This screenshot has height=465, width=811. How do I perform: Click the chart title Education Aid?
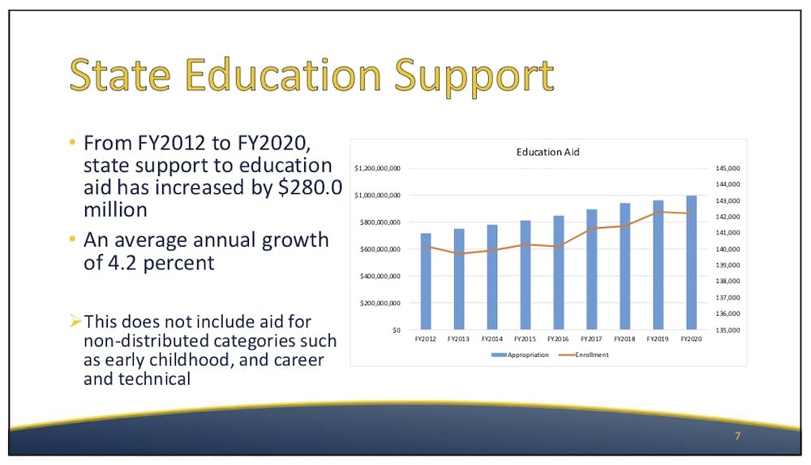click(547, 152)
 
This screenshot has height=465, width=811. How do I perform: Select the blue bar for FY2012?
click(426, 281)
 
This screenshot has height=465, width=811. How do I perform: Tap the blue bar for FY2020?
click(692, 263)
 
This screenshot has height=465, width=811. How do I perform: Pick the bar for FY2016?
click(559, 273)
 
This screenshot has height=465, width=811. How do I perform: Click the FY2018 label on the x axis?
click(624, 338)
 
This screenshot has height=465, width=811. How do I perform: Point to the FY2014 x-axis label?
click(492, 338)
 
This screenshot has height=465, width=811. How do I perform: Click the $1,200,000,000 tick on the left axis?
click(377, 168)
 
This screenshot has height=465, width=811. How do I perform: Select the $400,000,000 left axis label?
click(380, 276)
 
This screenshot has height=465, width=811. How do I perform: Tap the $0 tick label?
click(397, 329)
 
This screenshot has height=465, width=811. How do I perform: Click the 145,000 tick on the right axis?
click(727, 168)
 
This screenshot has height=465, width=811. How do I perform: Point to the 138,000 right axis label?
click(727, 281)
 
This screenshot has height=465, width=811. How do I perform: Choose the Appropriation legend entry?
click(520, 355)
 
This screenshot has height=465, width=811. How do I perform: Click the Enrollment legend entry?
click(584, 355)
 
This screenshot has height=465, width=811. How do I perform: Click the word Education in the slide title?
click(283, 75)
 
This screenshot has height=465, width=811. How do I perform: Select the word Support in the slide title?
click(474, 78)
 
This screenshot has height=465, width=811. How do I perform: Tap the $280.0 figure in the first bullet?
click(311, 187)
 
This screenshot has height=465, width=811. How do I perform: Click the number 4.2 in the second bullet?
click(122, 263)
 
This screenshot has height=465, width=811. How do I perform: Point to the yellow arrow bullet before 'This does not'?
click(75, 321)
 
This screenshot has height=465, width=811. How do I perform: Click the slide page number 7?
click(737, 436)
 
